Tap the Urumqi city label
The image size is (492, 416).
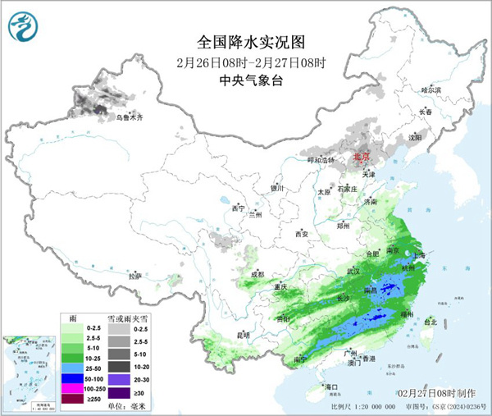[129, 118]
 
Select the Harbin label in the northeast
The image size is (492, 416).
[430, 89]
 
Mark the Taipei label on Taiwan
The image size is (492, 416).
[430, 322]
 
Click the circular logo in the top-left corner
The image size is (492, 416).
[24, 29]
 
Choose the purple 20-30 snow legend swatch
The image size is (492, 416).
[120, 377]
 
